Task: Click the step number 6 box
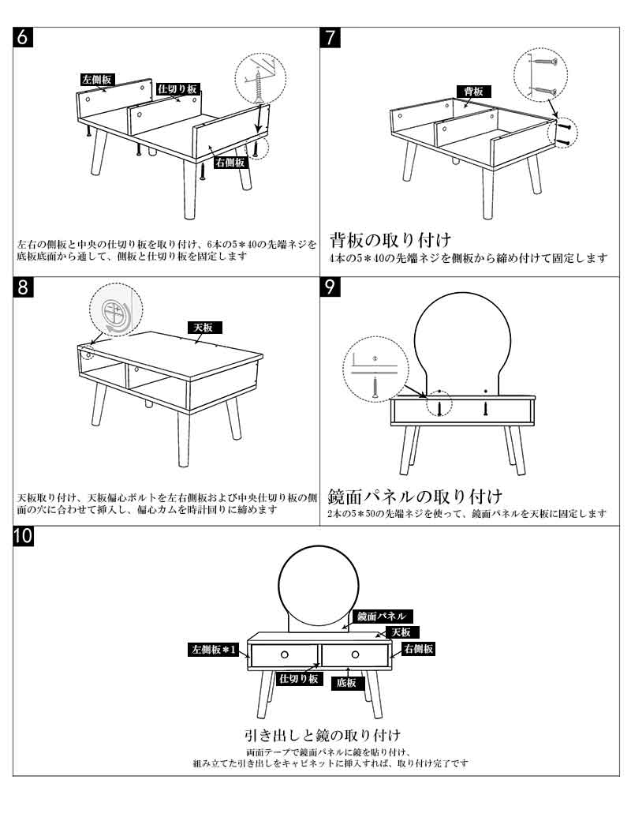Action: pos(23,37)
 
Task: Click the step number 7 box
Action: pos(330,37)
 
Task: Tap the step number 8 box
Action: pos(23,287)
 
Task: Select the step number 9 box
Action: pos(330,287)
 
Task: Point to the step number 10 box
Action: pos(23,536)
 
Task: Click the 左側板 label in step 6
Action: pos(97,80)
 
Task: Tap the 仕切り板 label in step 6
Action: pos(178,89)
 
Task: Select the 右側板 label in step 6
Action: pos(230,163)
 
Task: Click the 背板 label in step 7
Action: pos(473,92)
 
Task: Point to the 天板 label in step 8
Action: pos(204,328)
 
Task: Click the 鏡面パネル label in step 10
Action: pos(382,617)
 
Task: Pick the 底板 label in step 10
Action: pos(346,683)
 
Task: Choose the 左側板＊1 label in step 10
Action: pos(214,650)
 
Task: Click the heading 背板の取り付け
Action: pos(390,240)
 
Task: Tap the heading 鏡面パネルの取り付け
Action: pos(415,496)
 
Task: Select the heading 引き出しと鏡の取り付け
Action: pos(322,735)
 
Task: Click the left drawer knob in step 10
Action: pos(285,654)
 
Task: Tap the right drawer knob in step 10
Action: pos(355,654)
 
